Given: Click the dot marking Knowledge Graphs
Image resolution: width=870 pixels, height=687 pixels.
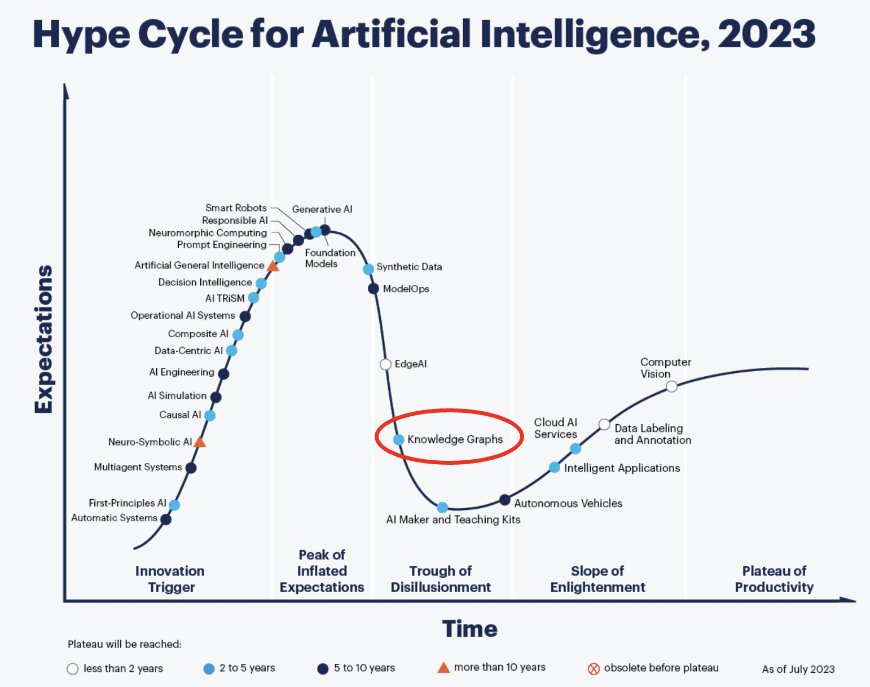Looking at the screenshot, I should [x=398, y=439].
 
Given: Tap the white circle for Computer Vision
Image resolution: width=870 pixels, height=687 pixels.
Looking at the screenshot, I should [x=671, y=386].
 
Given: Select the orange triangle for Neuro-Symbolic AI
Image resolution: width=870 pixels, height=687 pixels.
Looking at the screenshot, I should [x=200, y=442].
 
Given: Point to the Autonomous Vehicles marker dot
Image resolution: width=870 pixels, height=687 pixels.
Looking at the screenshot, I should [x=505, y=500].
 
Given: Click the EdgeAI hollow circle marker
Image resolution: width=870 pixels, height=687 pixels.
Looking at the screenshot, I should [x=385, y=364].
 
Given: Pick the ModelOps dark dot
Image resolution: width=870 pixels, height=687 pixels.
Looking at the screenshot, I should [x=374, y=289].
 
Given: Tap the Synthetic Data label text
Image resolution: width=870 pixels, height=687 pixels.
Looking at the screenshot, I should [x=409, y=267].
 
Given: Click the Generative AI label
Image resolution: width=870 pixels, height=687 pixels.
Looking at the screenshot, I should [x=322, y=209].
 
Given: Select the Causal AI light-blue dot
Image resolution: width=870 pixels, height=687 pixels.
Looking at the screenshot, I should [x=210, y=416].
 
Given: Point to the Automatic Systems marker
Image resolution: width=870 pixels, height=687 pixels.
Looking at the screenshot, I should [x=166, y=519].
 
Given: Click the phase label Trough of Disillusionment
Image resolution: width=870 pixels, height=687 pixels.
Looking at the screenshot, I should [x=441, y=579].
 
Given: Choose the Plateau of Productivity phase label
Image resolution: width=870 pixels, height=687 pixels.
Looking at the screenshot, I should [x=774, y=579].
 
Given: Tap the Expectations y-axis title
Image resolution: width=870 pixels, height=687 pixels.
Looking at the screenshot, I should [x=43, y=339].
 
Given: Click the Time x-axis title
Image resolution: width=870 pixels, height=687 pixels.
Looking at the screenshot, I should [x=469, y=629].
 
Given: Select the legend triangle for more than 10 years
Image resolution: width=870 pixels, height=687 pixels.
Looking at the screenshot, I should [x=443, y=668].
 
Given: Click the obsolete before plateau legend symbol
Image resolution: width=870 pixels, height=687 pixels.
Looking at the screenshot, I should [x=594, y=669].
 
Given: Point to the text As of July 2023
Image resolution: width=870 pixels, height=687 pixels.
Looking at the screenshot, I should [x=798, y=670].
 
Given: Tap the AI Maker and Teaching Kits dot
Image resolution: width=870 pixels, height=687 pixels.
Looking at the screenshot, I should [x=443, y=508].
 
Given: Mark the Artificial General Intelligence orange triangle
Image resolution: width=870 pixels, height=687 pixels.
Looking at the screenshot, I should [x=273, y=266].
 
